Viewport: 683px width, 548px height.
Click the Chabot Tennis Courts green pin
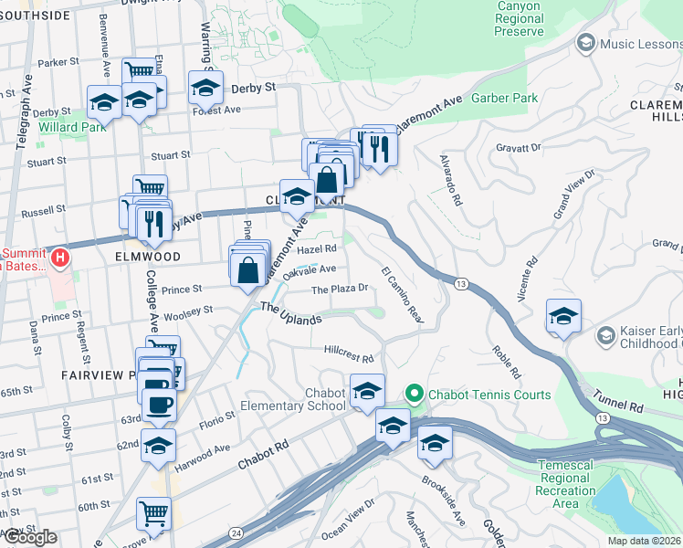click(414, 395)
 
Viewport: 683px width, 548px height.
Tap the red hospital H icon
click(59, 258)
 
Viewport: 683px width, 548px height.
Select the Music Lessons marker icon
click(585, 42)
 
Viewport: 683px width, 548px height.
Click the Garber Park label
click(505, 98)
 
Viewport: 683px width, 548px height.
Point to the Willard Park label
click(72, 126)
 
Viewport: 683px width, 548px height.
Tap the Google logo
click(30, 537)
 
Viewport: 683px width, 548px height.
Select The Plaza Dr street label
click(340, 289)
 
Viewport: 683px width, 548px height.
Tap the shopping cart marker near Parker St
click(139, 71)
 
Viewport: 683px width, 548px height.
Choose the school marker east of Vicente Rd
click(564, 317)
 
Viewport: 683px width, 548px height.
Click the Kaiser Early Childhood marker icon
click(604, 336)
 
